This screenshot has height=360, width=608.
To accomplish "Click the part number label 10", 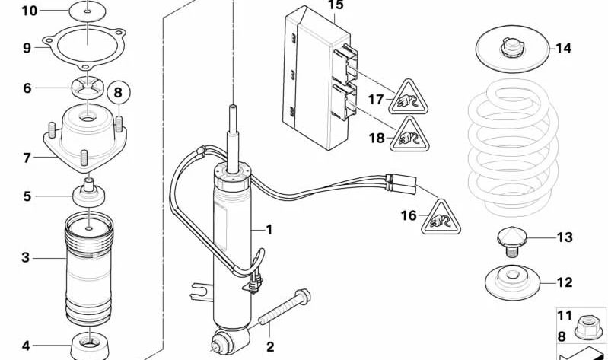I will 28,11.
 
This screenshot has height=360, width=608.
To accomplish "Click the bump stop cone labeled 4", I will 89,347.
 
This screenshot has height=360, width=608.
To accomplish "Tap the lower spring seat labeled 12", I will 511,283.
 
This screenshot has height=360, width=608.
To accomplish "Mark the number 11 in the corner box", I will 564,315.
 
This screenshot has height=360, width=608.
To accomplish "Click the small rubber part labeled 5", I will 88,195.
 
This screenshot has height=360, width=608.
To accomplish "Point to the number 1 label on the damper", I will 268,229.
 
